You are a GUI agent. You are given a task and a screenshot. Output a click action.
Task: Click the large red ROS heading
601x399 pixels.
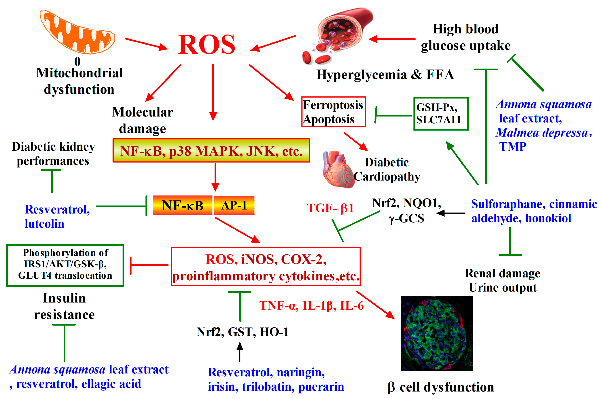(x=206, y=45)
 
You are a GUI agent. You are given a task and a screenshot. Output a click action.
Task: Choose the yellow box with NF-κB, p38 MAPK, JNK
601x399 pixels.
(x=211, y=151)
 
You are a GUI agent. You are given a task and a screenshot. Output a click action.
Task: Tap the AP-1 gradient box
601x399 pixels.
(x=234, y=205)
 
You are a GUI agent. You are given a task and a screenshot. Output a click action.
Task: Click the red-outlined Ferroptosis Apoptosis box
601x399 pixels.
(x=333, y=112)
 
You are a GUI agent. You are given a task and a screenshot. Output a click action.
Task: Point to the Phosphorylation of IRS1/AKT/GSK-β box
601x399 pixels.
(x=65, y=265)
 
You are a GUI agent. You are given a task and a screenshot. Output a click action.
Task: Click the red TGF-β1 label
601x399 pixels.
(x=330, y=208)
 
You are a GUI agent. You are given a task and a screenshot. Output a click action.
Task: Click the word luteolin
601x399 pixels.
(x=44, y=224)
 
